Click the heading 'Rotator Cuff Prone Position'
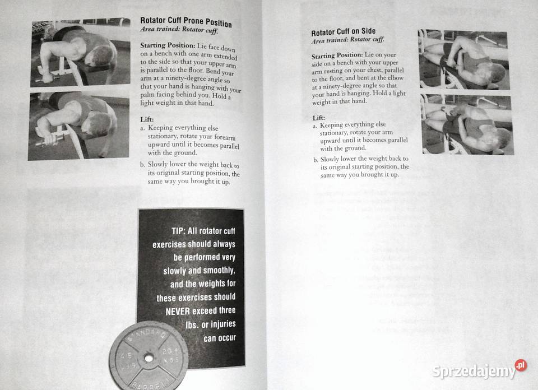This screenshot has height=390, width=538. coord(185,22)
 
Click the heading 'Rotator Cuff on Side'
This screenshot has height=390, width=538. coord(343,32)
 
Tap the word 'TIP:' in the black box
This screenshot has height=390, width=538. coord(182,231)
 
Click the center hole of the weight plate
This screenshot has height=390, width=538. coord(149,356)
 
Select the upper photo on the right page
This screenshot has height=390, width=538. coord(463,60)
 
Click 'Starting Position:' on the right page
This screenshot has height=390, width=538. coord(337,56)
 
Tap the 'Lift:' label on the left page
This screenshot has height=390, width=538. coord(147,119)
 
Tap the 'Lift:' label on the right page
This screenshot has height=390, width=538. coord(318,118)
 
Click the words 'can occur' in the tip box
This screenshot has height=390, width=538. coord(219,338)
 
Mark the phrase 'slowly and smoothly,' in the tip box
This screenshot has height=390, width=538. coord(199,271)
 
